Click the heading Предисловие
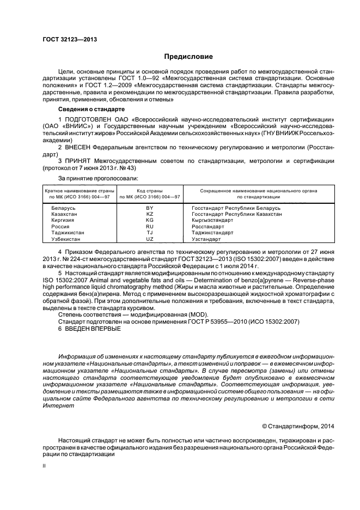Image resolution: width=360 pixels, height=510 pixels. coord(189,57)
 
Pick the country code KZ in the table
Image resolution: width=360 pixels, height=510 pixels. coord(150,215)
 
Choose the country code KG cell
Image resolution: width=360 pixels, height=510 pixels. coord(150,221)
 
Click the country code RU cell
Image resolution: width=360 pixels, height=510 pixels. coord(150,227)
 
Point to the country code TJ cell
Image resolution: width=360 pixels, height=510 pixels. coord(150,233)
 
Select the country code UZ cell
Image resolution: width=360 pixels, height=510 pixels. coord(150,239)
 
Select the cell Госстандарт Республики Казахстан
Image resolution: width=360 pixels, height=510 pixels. coord(236,215)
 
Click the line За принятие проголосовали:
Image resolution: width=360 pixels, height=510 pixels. coord(98,178)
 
